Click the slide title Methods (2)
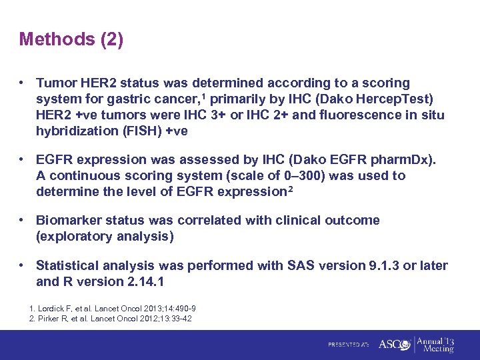point(71,39)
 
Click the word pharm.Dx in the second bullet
point(398,160)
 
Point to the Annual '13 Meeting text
point(437,344)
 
